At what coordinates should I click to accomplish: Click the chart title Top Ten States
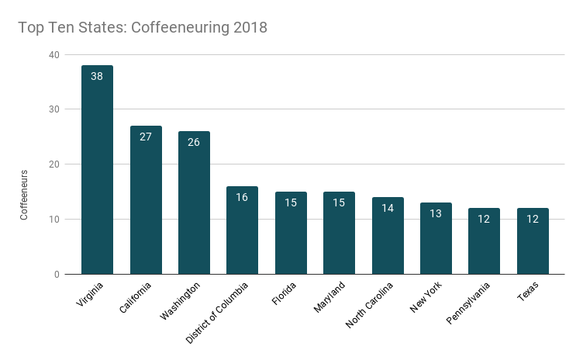[x=143, y=28]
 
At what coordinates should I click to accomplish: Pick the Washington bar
[x=194, y=202]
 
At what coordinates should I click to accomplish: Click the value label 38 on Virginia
[x=97, y=76]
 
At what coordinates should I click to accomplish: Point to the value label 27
[x=146, y=137]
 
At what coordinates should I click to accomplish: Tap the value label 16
[x=242, y=197]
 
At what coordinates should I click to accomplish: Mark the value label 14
[x=388, y=208]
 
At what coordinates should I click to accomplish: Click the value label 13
[x=436, y=213]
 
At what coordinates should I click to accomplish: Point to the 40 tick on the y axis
[x=53, y=54]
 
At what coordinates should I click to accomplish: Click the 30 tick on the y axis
[x=53, y=109]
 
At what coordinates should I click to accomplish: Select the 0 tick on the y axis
[x=56, y=274]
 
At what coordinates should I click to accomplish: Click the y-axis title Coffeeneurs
[x=24, y=195]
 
